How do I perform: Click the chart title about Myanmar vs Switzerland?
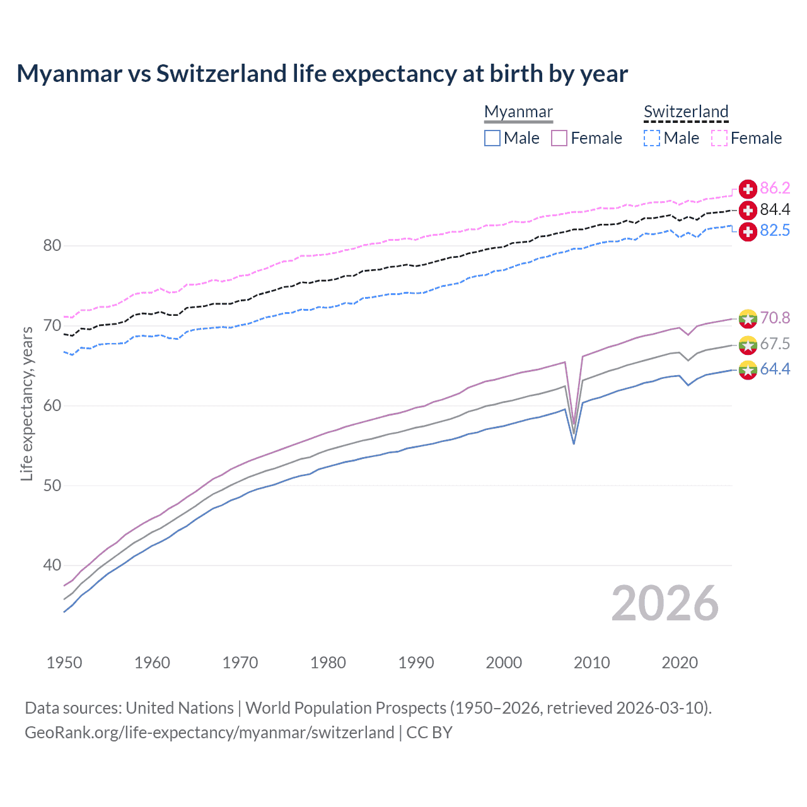pos(322,74)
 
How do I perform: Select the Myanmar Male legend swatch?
pos(492,138)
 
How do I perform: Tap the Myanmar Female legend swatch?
pos(559,138)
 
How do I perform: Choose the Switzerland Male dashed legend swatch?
pos(652,138)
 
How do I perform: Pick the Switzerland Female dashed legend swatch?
pos(719,138)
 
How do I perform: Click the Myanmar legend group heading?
pos(518,112)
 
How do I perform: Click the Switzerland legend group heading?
pos(686,112)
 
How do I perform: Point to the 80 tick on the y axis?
pos(52,246)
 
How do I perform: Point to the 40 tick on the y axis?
pos(52,566)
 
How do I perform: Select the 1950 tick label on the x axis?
pos(64,663)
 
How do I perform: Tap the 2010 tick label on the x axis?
pos(591,663)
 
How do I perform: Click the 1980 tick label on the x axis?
pos(328,663)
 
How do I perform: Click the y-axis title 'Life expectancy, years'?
pos(26,403)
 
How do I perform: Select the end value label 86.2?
pos(775,189)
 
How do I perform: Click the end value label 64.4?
pos(775,369)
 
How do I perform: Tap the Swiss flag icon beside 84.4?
pos(748,210)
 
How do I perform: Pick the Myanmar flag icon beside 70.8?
pos(748,318)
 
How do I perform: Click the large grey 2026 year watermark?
pos(665,604)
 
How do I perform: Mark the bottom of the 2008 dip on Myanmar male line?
pos(574,443)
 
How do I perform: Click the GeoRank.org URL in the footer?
pos(209,733)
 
